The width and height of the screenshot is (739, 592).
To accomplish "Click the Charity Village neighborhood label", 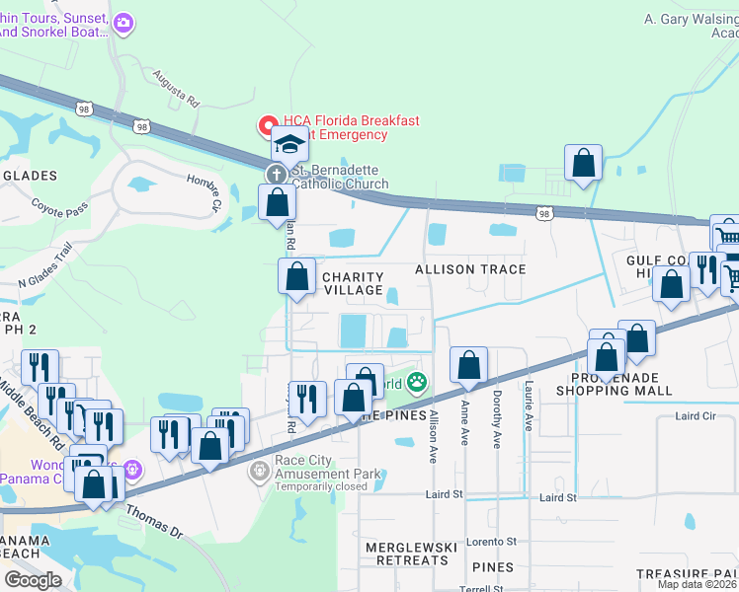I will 353,283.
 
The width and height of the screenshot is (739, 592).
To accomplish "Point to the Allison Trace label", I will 469,269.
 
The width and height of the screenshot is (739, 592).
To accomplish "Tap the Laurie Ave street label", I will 529,407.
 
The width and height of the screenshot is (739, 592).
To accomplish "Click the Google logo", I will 33,579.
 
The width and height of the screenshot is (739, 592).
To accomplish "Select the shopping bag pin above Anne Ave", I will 469,364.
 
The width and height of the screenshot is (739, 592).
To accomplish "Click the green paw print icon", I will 418,381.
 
